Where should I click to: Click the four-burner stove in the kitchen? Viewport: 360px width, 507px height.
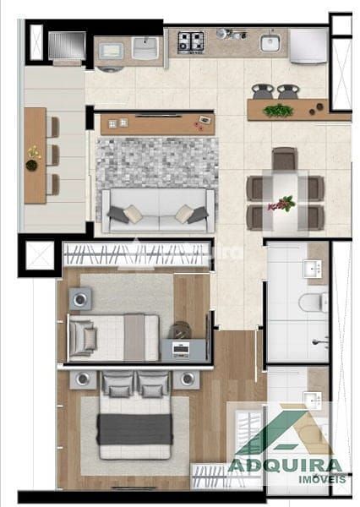tap(191, 42)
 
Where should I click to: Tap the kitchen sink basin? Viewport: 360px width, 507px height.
tap(270, 43)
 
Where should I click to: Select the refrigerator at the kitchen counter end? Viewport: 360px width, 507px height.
tap(308, 46)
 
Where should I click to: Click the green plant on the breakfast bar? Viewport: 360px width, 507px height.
tap(278, 111)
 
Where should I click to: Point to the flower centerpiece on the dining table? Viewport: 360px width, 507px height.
tap(282, 204)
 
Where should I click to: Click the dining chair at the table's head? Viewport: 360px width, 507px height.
tap(284, 159)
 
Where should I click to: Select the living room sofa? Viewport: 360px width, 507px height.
tap(158, 210)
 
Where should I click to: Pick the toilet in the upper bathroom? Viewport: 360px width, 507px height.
tap(314, 302)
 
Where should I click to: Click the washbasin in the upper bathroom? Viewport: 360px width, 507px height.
tap(313, 270)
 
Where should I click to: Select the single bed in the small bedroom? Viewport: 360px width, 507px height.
tap(113, 338)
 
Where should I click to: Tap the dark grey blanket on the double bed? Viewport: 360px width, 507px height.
tap(135, 428)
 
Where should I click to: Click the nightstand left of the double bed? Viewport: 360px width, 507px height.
tap(83, 379)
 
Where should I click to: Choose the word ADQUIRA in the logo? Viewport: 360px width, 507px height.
tap(285, 466)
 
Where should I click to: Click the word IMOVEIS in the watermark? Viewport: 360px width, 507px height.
tap(322, 479)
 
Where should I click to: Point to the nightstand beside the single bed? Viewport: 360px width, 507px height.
tap(80, 299)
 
